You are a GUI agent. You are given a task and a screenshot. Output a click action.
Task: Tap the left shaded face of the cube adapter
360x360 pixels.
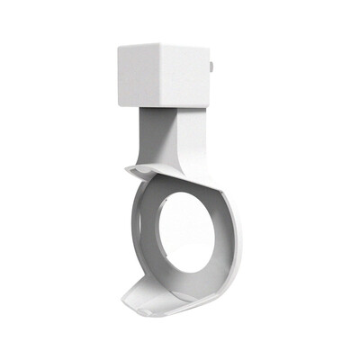tap(138, 74)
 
